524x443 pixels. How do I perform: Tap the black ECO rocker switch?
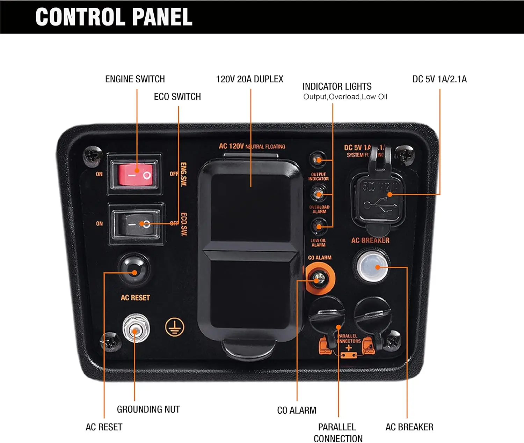pyautogui.click(x=136, y=224)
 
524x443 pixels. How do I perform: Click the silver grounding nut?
pyautogui.click(x=136, y=328)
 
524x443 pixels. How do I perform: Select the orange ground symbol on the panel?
pyautogui.click(x=174, y=327)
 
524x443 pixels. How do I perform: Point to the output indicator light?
pyautogui.click(x=318, y=160)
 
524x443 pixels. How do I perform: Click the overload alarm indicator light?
pyautogui.click(x=318, y=193)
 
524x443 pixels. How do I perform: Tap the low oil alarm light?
pyautogui.click(x=318, y=226)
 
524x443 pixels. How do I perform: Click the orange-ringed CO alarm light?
pyautogui.click(x=320, y=279)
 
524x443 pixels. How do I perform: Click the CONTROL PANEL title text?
pyautogui.click(x=114, y=17)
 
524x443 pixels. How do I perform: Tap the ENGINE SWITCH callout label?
pyautogui.click(x=135, y=79)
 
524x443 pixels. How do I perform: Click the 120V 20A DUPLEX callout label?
pyautogui.click(x=249, y=79)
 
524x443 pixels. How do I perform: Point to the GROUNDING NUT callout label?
pyautogui.click(x=148, y=409)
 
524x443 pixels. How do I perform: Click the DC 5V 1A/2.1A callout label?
pyautogui.click(x=439, y=79)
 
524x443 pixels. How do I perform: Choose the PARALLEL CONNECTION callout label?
pyautogui.click(x=338, y=433)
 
